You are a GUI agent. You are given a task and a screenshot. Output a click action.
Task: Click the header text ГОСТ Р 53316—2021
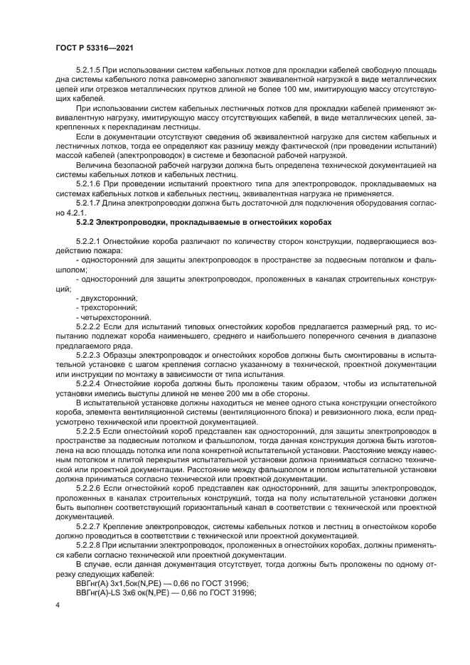94,47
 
